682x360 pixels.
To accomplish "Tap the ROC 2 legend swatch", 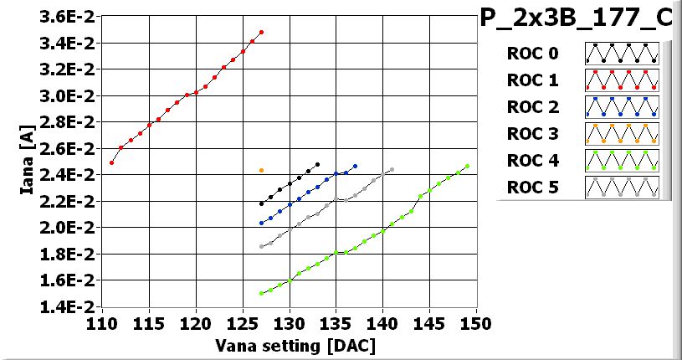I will pyautogui.click(x=622, y=106).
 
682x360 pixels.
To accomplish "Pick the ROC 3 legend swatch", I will pyautogui.click(x=622, y=133).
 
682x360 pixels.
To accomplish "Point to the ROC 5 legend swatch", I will pyautogui.click(x=622, y=187).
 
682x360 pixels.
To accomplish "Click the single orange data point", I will pyautogui.click(x=261, y=171).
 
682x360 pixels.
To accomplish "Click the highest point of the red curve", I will pyautogui.click(x=262, y=33).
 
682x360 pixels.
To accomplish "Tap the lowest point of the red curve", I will pyautogui.click(x=111, y=162).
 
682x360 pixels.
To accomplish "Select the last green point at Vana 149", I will pyautogui.click(x=467, y=166).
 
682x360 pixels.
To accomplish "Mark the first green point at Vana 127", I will pyautogui.click(x=261, y=294).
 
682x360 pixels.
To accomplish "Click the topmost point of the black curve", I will pyautogui.click(x=318, y=165).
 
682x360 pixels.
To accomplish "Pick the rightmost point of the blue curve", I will pyautogui.click(x=355, y=166).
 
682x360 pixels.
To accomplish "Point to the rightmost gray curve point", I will pyautogui.click(x=392, y=170).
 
